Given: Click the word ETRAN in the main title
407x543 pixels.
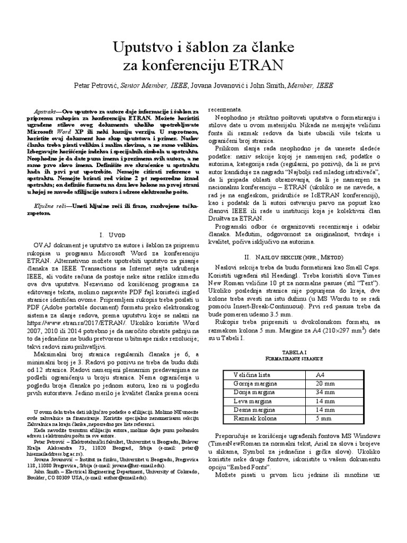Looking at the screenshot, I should (259, 65).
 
